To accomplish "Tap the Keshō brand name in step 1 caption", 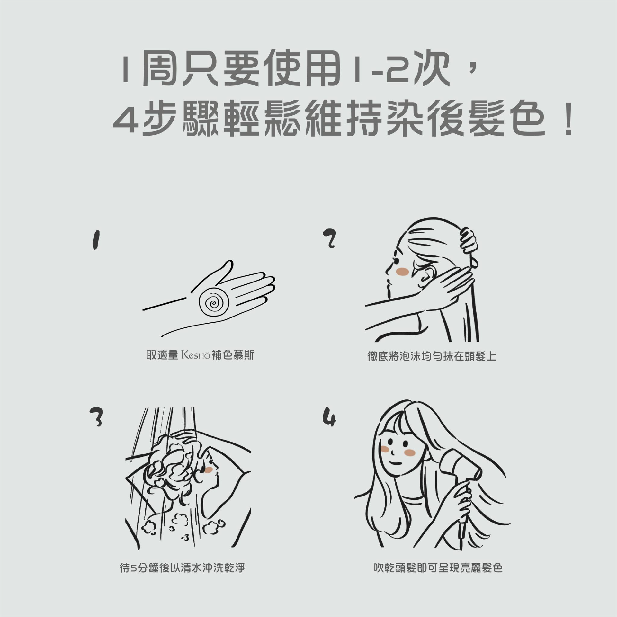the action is tap(196, 355).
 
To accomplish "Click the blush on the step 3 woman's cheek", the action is tap(209, 470).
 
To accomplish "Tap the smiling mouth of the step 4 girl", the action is tap(396, 463).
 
